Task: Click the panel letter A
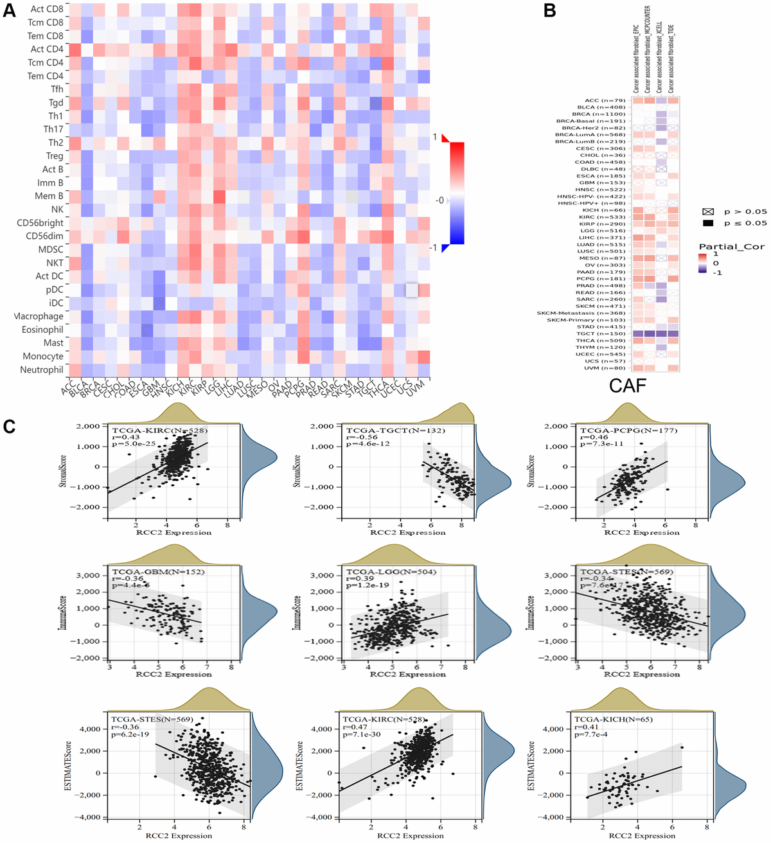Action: pyautogui.click(x=10, y=11)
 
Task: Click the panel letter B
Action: pyautogui.click(x=549, y=11)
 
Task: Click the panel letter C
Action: pyautogui.click(x=10, y=426)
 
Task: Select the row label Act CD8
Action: pyautogui.click(x=47, y=9)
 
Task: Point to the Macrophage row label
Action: pyautogui.click(x=39, y=316)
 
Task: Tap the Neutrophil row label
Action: pyautogui.click(x=42, y=369)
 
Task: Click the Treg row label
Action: pyautogui.click(x=55, y=156)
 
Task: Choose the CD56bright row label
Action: pyautogui.click(x=40, y=223)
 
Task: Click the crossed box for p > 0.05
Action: pyautogui.click(x=709, y=211)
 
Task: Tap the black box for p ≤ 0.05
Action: pyautogui.click(x=709, y=223)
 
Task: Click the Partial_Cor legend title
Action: pyautogui.click(x=731, y=247)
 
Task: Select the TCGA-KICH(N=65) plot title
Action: pyautogui.click(x=614, y=719)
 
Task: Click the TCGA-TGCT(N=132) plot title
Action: pyautogui.click(x=395, y=430)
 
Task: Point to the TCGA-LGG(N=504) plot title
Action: pyautogui.click(x=391, y=571)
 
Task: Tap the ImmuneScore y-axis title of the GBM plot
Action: pyautogui.click(x=63, y=612)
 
